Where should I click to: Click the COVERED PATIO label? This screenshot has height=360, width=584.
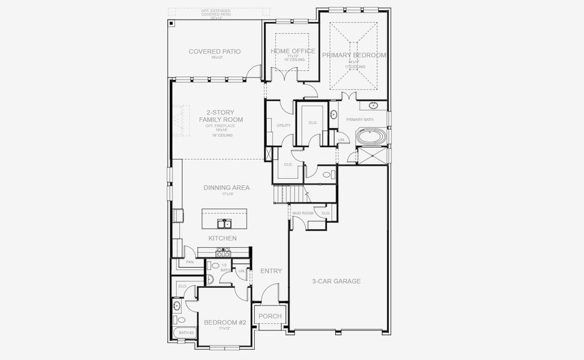coord(214,52)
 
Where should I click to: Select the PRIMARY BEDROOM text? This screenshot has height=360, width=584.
coord(354,55)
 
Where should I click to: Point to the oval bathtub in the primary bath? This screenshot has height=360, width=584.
coord(371,137)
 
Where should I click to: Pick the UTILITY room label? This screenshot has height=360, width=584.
coord(284,125)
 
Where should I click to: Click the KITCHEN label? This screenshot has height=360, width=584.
coord(222,238)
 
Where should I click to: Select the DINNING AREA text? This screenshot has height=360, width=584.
coord(226,188)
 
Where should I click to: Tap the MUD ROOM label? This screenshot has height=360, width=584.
coord(303,213)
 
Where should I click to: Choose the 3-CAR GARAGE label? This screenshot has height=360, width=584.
coord(336,281)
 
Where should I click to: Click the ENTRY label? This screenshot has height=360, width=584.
coord(271,271)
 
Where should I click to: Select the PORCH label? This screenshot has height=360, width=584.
coord(270,316)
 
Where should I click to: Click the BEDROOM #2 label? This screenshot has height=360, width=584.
coord(225,323)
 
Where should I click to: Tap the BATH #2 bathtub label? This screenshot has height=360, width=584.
coord(186,332)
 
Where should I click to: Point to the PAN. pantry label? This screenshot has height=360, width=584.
coord(190,262)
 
